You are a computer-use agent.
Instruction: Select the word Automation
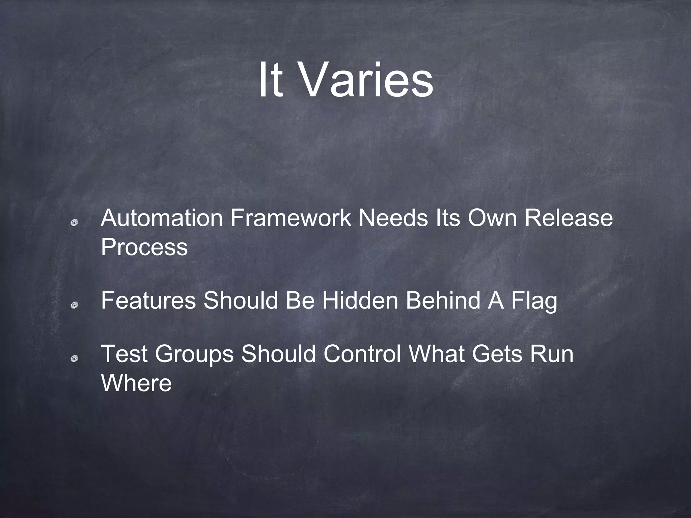pos(162,218)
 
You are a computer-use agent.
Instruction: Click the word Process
pos(144,247)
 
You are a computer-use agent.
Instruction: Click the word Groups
pos(194,355)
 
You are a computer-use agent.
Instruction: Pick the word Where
pos(136,383)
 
